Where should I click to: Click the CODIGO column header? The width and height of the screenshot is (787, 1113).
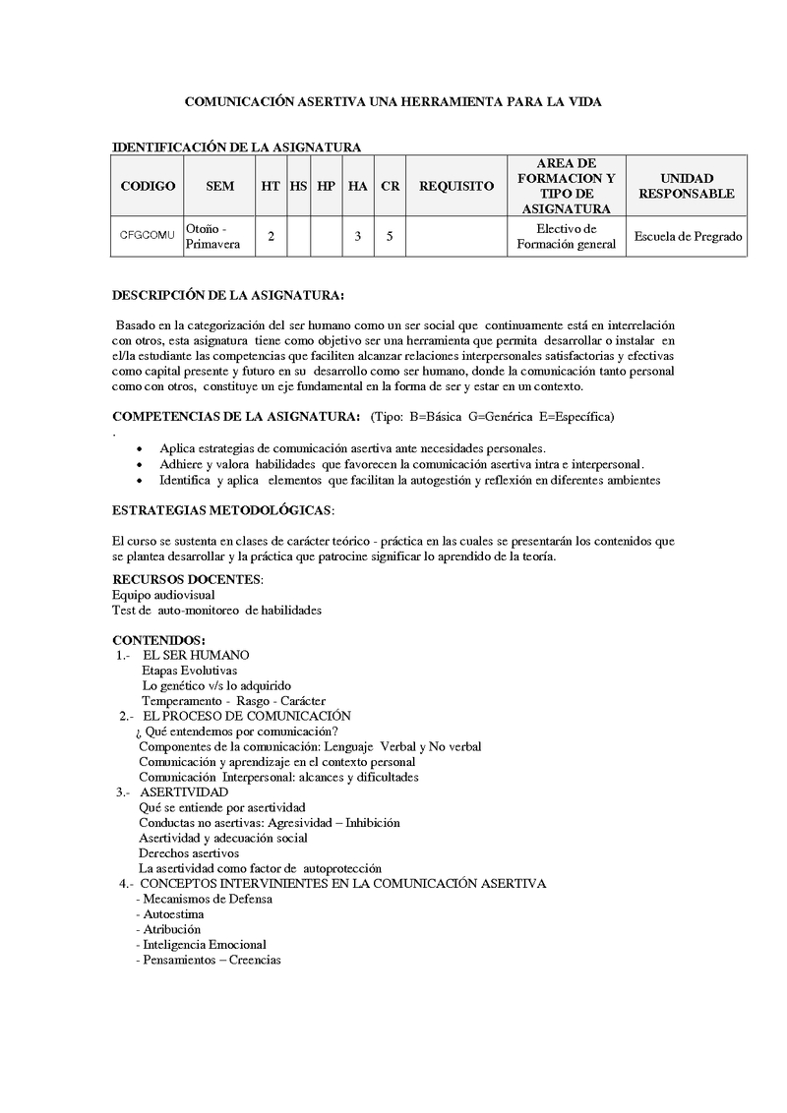click(x=148, y=186)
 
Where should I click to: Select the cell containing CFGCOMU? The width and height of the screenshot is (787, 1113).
click(x=148, y=236)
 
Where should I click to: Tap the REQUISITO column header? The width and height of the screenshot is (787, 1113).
click(x=456, y=186)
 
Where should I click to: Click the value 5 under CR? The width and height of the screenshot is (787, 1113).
click(x=391, y=236)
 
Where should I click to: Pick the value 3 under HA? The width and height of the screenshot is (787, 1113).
click(x=358, y=236)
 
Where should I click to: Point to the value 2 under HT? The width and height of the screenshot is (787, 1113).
click(x=271, y=236)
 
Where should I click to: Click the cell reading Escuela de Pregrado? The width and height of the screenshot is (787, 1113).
click(x=688, y=236)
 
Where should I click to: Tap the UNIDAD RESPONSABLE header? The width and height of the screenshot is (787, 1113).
click(x=686, y=186)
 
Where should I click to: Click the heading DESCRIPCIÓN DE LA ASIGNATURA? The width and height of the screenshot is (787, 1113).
click(x=228, y=294)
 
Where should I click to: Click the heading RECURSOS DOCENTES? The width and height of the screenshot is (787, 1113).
click(x=187, y=578)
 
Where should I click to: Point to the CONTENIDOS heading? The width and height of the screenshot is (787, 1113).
click(x=158, y=640)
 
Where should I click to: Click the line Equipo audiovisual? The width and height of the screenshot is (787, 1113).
click(x=163, y=595)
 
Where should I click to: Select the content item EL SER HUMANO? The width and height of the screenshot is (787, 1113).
click(x=196, y=655)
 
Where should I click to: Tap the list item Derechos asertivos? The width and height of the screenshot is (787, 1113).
click(x=188, y=853)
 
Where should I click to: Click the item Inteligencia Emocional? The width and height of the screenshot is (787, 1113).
click(x=204, y=945)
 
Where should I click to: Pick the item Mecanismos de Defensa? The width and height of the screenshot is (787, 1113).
click(x=203, y=899)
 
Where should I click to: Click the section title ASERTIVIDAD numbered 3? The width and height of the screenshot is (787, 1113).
click(x=184, y=791)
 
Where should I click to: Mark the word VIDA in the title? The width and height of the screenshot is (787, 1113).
click(x=582, y=101)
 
